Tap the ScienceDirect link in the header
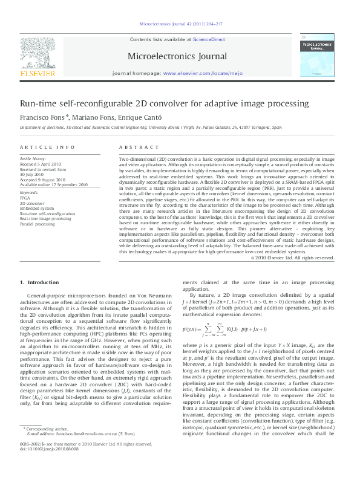click(x=209, y=39)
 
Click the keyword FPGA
click(x=25, y=197)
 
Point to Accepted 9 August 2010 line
click(x=44, y=180)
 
